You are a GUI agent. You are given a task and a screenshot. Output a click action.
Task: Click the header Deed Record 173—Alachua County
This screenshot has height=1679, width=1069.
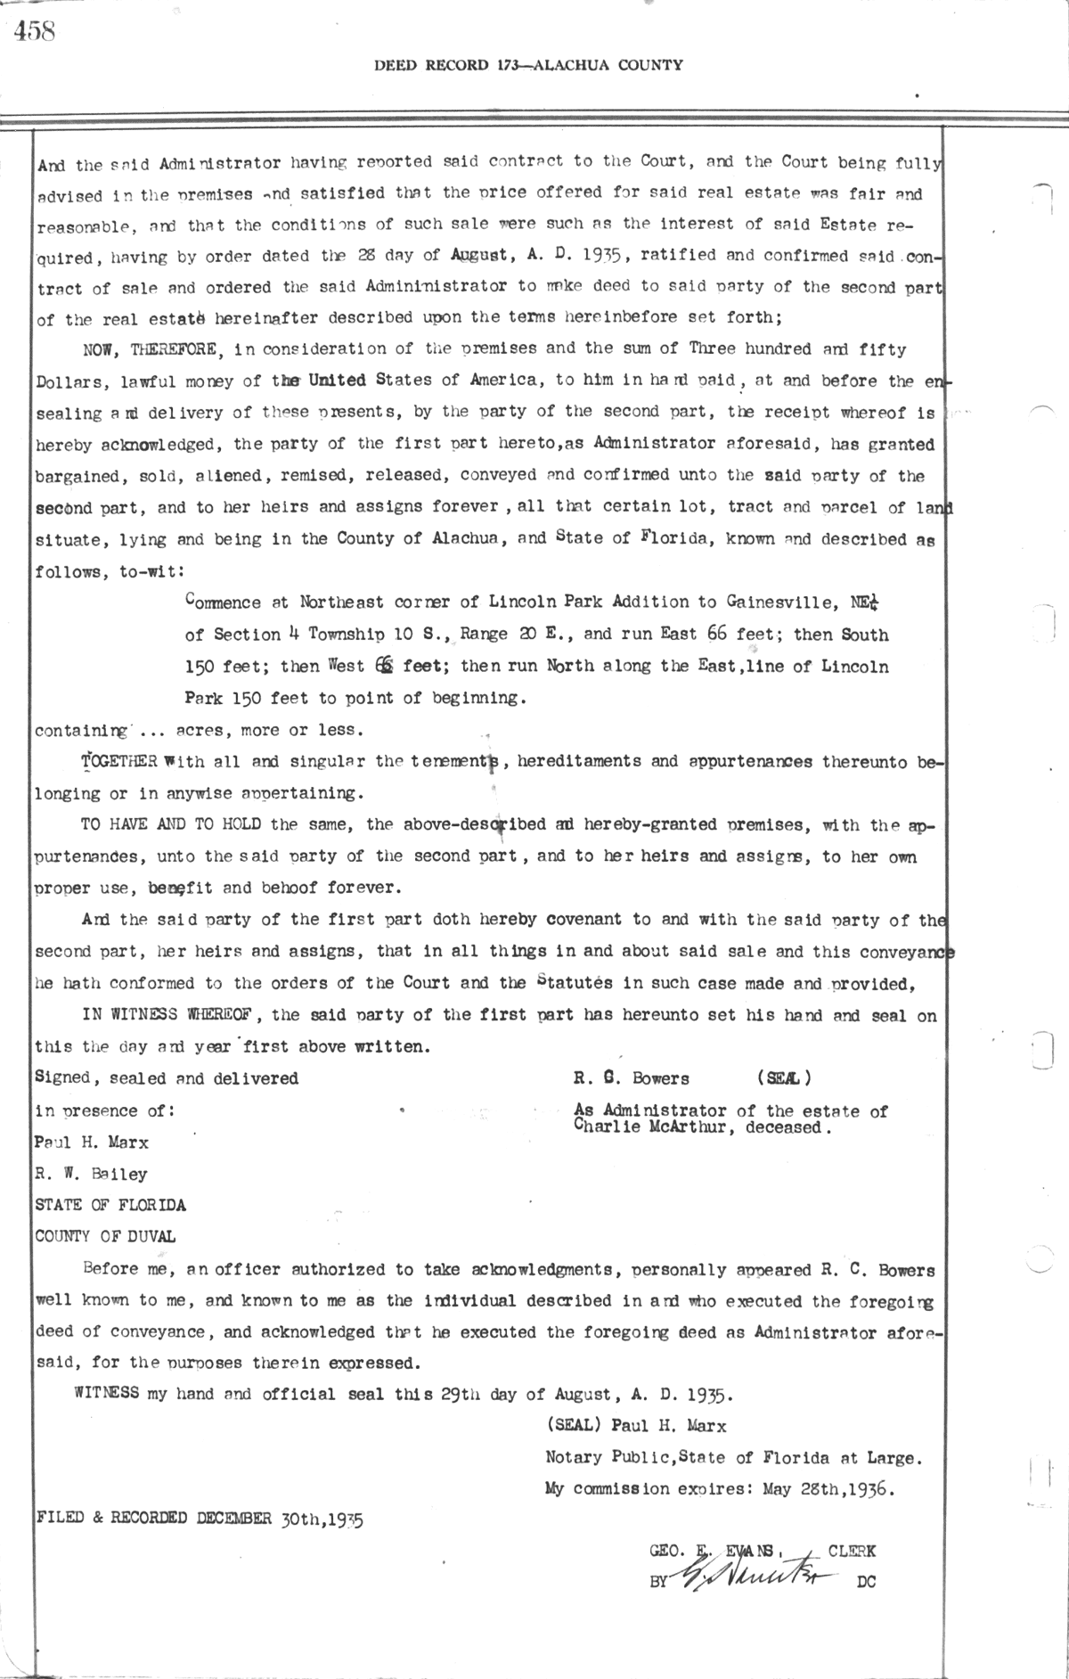coord(528,65)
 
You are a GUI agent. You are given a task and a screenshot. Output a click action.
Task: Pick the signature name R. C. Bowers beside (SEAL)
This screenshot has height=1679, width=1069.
coord(632,1078)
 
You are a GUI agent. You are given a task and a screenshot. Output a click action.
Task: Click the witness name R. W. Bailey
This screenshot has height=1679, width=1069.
coord(90,1174)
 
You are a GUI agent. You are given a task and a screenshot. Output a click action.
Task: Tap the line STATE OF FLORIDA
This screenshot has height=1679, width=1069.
coord(110,1205)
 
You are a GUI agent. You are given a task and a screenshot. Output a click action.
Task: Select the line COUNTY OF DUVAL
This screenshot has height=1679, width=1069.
coord(104,1236)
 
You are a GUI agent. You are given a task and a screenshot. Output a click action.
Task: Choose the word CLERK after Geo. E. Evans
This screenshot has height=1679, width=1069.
coord(851,1552)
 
